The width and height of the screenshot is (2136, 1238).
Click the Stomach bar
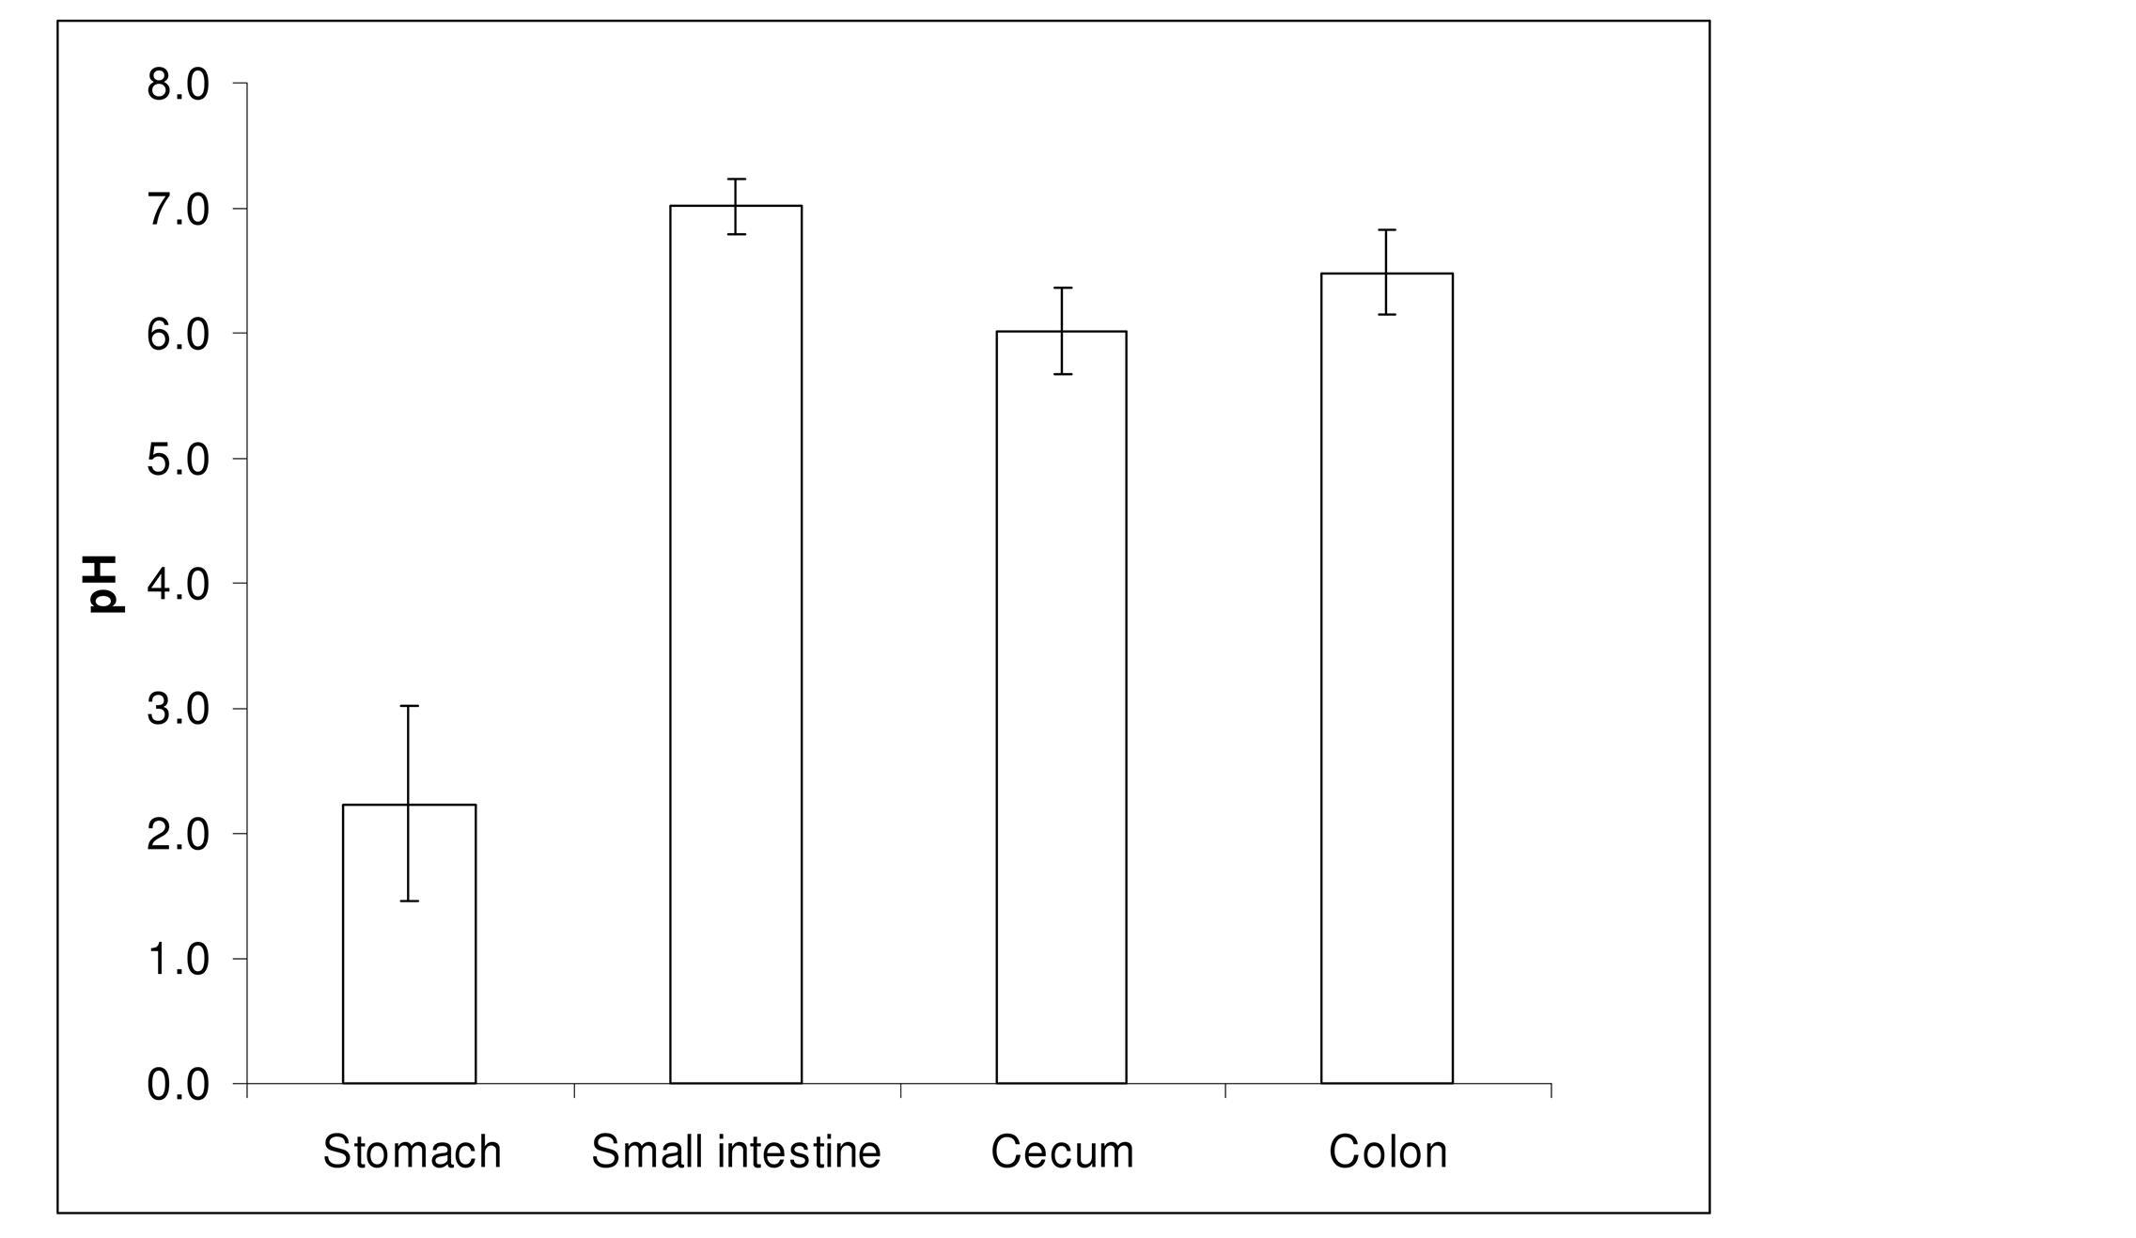409,944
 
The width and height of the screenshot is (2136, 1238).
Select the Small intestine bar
736,644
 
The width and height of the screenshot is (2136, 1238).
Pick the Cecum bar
1061,707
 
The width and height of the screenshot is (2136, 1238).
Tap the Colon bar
1387,678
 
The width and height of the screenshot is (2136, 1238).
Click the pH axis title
101,584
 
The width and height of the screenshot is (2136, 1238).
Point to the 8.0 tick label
179,85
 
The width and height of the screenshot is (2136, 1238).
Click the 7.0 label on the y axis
179,210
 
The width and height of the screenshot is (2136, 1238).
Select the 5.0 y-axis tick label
179,460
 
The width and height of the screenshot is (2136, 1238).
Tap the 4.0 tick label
179,585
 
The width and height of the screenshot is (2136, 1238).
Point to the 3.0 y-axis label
179,710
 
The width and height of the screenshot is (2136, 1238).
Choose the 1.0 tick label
179,960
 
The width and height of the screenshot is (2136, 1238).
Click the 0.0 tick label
179,1085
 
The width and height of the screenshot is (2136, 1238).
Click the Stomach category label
412,1152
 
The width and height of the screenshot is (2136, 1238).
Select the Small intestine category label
736,1152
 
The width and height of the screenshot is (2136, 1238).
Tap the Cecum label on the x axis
1062,1152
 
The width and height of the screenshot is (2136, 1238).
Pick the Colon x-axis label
1387,1152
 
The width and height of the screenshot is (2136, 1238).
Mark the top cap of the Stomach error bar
409,706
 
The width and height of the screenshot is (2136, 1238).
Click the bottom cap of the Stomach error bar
409,901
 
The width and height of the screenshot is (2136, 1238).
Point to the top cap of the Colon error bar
1387,229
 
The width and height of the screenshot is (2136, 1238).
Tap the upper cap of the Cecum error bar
1062,288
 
